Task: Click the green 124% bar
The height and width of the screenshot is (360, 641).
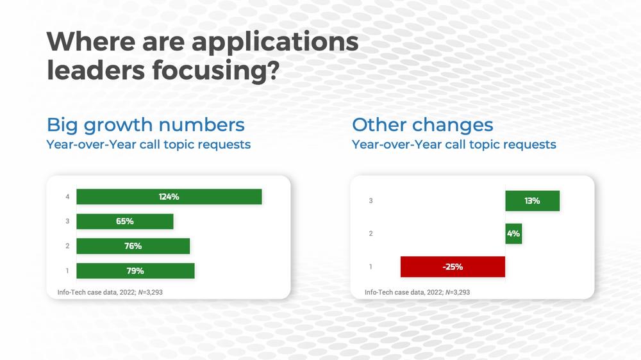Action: (x=169, y=197)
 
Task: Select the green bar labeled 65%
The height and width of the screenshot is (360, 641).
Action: (x=125, y=222)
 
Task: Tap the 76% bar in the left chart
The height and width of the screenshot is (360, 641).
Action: (x=133, y=246)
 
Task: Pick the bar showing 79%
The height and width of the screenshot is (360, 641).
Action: (x=135, y=271)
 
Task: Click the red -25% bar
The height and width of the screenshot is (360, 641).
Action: (x=453, y=267)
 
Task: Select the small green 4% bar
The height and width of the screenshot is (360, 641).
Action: (x=513, y=234)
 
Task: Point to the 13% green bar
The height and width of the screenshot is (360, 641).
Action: (x=532, y=200)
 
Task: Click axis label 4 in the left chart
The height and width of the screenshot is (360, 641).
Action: (x=67, y=197)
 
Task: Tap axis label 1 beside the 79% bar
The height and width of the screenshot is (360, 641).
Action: (x=67, y=271)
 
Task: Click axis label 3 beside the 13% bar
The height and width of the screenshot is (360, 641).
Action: (x=370, y=200)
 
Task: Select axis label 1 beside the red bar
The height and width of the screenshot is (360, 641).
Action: (x=370, y=267)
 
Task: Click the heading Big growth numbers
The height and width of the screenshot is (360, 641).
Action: (x=146, y=125)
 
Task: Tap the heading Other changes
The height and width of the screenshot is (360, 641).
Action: (x=422, y=125)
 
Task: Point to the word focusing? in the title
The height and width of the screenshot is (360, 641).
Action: (x=216, y=70)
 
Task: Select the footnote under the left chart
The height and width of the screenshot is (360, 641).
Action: (x=110, y=292)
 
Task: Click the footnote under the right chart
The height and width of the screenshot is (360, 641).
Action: (x=417, y=292)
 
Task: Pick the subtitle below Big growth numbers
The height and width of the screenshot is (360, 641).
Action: (x=149, y=145)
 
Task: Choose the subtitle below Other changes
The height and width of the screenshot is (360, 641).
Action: (x=454, y=145)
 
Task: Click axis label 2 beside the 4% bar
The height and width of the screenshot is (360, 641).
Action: (x=370, y=234)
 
